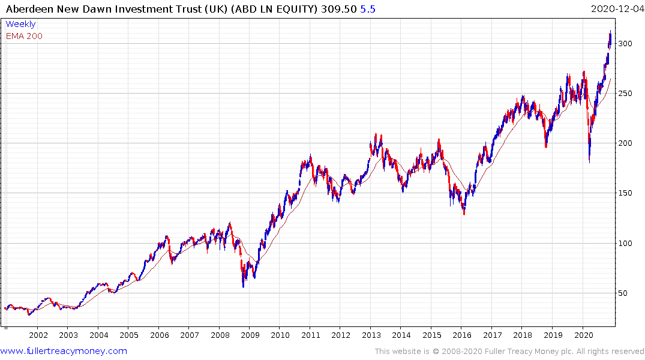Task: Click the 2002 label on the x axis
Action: coord(38,334)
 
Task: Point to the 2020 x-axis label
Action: coord(583,334)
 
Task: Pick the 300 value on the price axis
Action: coord(625,44)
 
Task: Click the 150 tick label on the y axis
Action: coord(625,193)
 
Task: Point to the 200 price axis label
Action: coord(625,143)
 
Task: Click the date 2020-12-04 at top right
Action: coord(616,9)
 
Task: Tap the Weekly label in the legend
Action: coord(20,24)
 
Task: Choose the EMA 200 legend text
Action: coord(24,36)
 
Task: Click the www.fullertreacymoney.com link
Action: coord(64,351)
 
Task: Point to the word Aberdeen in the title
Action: coord(28,9)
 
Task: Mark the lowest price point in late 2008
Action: coord(243,287)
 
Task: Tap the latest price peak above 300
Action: coord(611,31)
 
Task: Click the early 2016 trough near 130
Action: coord(464,214)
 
